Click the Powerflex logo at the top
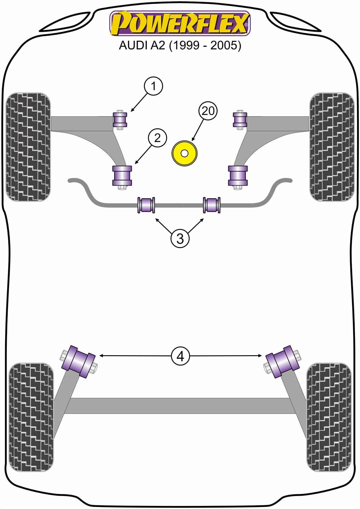[x=180, y=23]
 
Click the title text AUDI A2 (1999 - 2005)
[x=180, y=45]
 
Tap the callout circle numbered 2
[x=157, y=138]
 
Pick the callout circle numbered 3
[x=180, y=239]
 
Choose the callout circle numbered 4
[x=180, y=356]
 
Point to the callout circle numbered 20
[x=208, y=111]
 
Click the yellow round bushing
[x=184, y=153]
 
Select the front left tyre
[x=28, y=147]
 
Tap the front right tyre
[x=332, y=147]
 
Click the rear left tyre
[x=31, y=417]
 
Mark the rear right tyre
[x=329, y=417]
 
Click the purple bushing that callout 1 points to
[x=120, y=120]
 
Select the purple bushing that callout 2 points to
[x=122, y=175]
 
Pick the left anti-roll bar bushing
[x=146, y=205]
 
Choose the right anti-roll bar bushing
[x=212, y=205]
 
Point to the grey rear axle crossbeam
[x=180, y=406]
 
